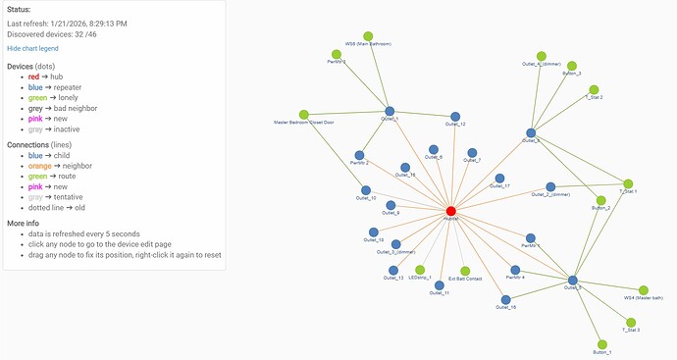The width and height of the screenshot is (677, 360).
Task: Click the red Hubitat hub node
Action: tap(451, 211)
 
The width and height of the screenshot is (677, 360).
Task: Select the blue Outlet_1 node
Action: tap(390, 112)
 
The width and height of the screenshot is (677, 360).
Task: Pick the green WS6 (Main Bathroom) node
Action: tap(368, 36)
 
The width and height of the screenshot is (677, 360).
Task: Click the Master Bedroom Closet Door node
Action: tap(304, 115)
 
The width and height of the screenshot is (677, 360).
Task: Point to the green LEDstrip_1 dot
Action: tap(420, 270)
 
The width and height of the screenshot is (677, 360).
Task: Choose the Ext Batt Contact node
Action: tap(465, 271)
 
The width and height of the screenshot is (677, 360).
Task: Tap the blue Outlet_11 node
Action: tap(439, 285)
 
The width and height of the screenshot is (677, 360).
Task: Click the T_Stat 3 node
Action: tap(631, 321)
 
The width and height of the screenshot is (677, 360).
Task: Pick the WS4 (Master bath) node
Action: tap(644, 290)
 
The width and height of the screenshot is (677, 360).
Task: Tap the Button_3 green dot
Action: tap(571, 66)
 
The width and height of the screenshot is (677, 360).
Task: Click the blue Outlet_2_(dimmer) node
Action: tap(550, 186)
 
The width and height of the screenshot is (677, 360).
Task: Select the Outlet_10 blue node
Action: tap(366, 190)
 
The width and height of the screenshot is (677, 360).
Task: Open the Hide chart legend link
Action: tap(32, 47)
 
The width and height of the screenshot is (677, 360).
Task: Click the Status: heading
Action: tap(19, 10)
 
